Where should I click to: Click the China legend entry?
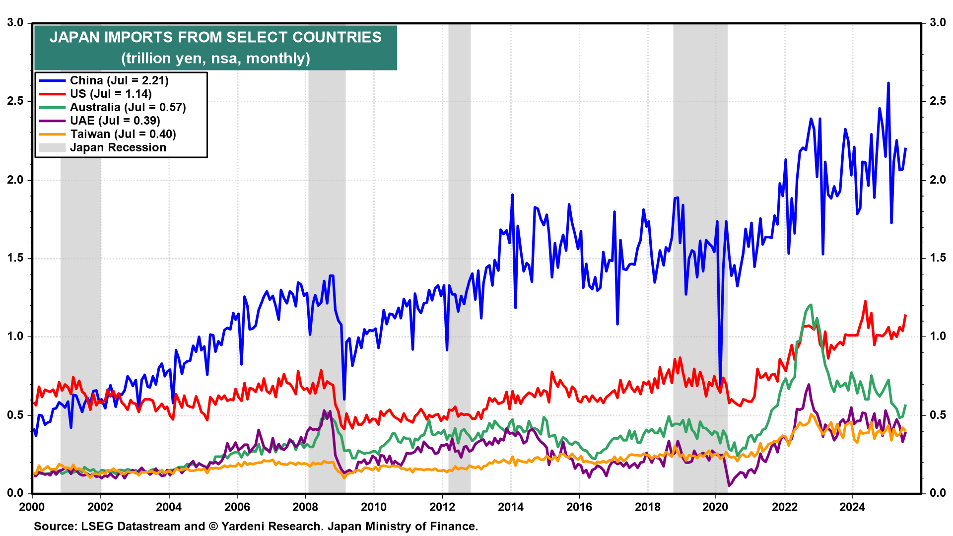[119, 80]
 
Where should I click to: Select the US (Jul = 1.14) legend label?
[111, 94]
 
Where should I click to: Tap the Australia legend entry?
[128, 107]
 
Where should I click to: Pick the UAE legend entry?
[115, 121]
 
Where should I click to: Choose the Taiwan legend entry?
[123, 134]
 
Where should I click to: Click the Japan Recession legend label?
[118, 147]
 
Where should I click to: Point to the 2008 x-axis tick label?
[305, 507]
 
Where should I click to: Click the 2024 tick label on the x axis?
[852, 507]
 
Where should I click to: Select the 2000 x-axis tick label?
[32, 507]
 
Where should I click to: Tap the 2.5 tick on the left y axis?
[15, 101]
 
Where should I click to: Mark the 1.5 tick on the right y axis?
[938, 258]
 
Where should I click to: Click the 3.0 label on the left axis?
[15, 23]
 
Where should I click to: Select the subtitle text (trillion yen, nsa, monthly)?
[215, 59]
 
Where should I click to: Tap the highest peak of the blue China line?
[888, 83]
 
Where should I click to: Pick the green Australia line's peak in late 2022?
[811, 305]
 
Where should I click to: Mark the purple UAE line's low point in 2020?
[729, 485]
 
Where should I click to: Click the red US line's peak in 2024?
[865, 301]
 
